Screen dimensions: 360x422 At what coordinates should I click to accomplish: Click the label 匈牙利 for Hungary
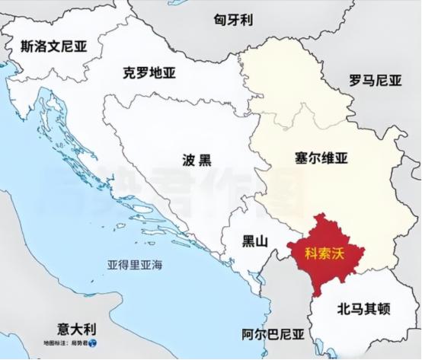tap(232, 21)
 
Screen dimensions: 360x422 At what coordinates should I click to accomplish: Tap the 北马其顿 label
tap(363, 309)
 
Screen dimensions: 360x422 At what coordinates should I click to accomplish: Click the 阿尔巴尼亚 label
tap(273, 334)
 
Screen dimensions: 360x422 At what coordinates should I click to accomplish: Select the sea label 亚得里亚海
tap(135, 266)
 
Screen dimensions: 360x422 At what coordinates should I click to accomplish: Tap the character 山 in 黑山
tap(262, 242)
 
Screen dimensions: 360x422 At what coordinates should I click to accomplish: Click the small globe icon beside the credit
tap(93, 345)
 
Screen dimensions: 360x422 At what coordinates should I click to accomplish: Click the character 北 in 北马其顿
tap(341, 309)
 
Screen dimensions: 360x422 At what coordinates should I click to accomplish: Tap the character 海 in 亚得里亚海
tap(158, 266)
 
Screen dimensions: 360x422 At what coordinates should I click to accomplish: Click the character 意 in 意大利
tap(63, 329)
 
